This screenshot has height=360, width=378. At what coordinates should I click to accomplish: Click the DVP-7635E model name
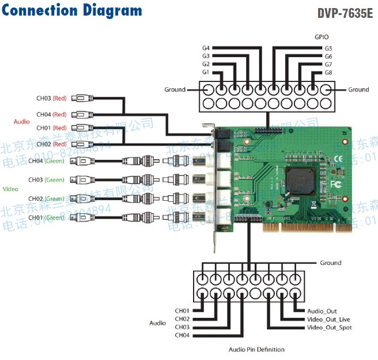click(345, 13)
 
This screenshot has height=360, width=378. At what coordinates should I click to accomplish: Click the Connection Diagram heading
click(72, 10)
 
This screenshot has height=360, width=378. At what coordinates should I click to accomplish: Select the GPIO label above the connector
click(322, 36)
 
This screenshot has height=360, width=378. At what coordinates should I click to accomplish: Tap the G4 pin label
click(206, 48)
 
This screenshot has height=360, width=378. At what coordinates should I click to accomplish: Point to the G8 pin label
click(328, 73)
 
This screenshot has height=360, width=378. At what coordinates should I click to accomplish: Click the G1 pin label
click(206, 73)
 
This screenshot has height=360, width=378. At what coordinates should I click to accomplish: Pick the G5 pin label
click(328, 48)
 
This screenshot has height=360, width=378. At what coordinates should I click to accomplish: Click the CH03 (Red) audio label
click(51, 99)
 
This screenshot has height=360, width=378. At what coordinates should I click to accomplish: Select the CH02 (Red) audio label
click(51, 143)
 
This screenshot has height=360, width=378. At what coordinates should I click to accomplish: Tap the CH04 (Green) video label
click(51, 161)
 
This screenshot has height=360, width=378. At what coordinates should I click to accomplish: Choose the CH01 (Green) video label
click(51, 217)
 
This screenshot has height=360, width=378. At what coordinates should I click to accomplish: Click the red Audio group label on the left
click(22, 122)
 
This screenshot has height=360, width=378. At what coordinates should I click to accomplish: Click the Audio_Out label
click(320, 311)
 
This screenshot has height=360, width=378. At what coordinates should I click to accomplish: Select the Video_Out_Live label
click(328, 320)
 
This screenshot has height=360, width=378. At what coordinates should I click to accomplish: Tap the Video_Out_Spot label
click(328, 328)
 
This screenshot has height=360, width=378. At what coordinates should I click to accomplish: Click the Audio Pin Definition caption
click(256, 350)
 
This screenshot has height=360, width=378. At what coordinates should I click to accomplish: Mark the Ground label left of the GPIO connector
click(175, 89)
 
